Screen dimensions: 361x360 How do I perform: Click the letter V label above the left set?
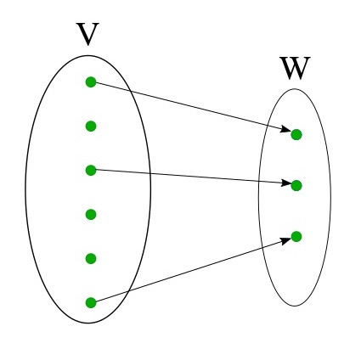pos(87,34)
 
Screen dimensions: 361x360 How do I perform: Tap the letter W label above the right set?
pos(295,68)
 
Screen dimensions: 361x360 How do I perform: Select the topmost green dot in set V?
pos(91,82)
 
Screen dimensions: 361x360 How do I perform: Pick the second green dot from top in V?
pos(91,127)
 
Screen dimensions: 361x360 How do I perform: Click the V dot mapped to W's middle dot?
pos(91,171)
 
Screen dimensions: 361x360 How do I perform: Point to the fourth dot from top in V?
pos(91,215)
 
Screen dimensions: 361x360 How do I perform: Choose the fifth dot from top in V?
pos(91,259)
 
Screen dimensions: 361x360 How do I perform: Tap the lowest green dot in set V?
pos(91,303)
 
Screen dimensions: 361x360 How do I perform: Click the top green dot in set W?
pos(296,135)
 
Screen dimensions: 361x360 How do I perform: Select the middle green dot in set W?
pos(296,186)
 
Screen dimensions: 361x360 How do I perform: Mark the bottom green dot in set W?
pos(296,237)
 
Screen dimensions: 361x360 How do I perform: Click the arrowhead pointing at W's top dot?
pos(285,129)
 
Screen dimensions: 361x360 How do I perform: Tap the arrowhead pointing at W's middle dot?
pos(286,183)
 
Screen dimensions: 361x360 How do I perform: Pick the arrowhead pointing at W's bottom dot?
pos(286,241)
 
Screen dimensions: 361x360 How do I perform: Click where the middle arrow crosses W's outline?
pos(259,181)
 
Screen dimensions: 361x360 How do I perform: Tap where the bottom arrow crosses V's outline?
pos(129,291)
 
